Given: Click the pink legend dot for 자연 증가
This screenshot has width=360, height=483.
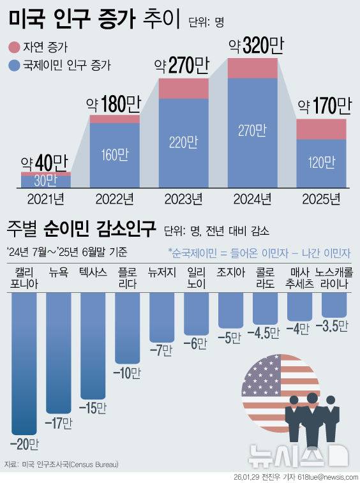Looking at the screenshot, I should pyautogui.click(x=14, y=47).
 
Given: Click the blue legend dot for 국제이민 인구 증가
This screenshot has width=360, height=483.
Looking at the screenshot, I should pyautogui.click(x=14, y=64).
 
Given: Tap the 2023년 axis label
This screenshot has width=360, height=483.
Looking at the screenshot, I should pyautogui.click(x=183, y=199).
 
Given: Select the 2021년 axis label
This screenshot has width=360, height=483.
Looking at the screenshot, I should pyautogui.click(x=45, y=199).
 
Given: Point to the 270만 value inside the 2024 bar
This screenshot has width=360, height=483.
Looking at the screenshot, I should pyautogui.click(x=253, y=130).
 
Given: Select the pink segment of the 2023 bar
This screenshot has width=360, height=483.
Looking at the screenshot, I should pyautogui.click(x=184, y=88).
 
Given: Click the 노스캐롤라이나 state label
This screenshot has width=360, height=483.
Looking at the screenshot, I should pyautogui.click(x=334, y=277).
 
